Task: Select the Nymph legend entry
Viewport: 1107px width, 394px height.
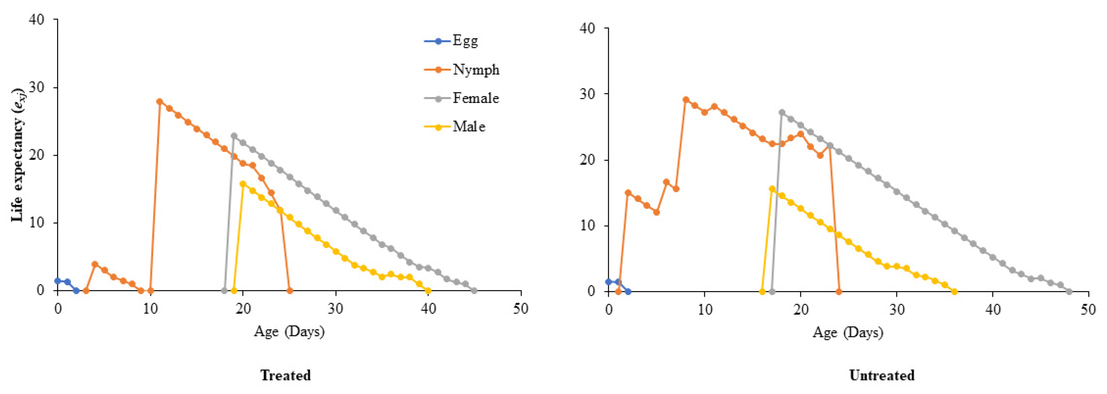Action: tap(462, 70)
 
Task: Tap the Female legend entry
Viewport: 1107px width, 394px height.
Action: tap(462, 98)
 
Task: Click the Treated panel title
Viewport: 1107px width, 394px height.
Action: tap(285, 375)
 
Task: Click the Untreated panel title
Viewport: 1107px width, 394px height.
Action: tap(882, 375)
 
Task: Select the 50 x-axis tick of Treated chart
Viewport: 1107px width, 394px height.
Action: tap(521, 309)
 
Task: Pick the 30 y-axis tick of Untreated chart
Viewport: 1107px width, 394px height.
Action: tap(588, 94)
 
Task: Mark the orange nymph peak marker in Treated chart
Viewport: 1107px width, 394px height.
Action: tap(159, 102)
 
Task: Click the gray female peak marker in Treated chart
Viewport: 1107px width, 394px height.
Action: tap(234, 136)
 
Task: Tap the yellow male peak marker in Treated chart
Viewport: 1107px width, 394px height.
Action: tap(243, 184)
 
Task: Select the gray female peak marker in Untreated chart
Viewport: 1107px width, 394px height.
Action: tap(782, 112)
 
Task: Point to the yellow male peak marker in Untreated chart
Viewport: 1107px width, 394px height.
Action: tap(772, 189)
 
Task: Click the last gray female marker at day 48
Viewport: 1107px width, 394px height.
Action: tap(1069, 292)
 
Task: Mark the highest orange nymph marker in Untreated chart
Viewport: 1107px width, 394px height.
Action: tap(686, 100)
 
